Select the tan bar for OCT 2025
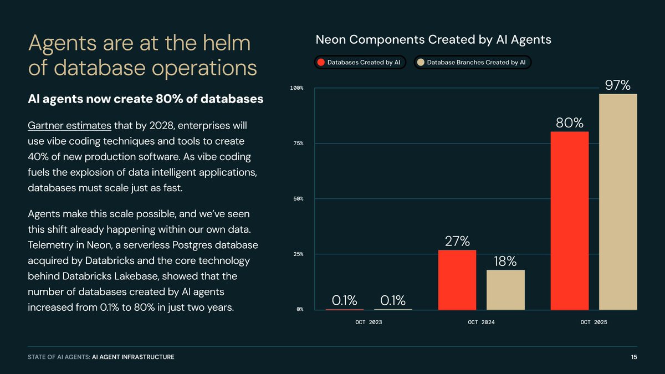[x=618, y=202]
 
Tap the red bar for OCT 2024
[x=457, y=280]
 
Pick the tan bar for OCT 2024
[x=505, y=290]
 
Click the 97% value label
[x=617, y=85]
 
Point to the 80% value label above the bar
[x=570, y=122]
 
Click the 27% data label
[x=457, y=242]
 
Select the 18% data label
[x=505, y=262]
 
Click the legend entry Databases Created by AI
[x=360, y=63]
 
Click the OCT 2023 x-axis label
[x=369, y=322]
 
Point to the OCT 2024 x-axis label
[x=481, y=322]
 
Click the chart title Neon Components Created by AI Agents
[x=433, y=40]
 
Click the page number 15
[x=633, y=357]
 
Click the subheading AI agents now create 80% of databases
[x=145, y=100]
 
